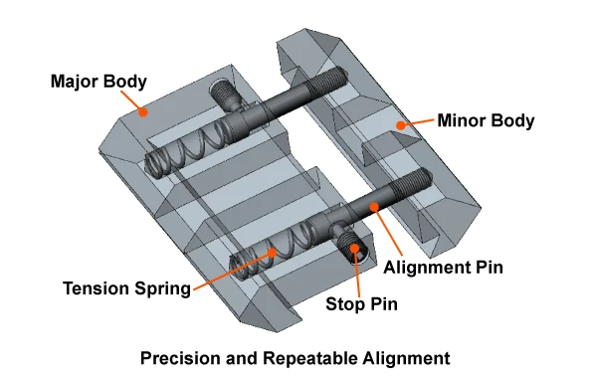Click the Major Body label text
pos(99,82)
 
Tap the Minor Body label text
pos(486,120)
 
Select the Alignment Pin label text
pos(443,268)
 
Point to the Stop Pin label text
pos(362,303)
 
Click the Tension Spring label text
pos(126,288)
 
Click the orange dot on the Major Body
pos(142,111)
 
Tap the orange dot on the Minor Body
pos(400,125)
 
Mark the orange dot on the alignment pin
pos(374,207)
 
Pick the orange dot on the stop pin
pos(354,249)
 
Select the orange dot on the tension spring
pos(272,253)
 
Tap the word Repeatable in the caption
pos(310,358)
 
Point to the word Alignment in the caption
pos(406,358)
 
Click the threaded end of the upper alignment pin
pos(328,83)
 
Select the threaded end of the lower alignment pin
pos(412,183)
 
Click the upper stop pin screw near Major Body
pos(225,95)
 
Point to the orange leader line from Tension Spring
pos(233,272)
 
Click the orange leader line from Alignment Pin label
pos(388,231)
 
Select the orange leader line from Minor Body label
pos(417,122)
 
